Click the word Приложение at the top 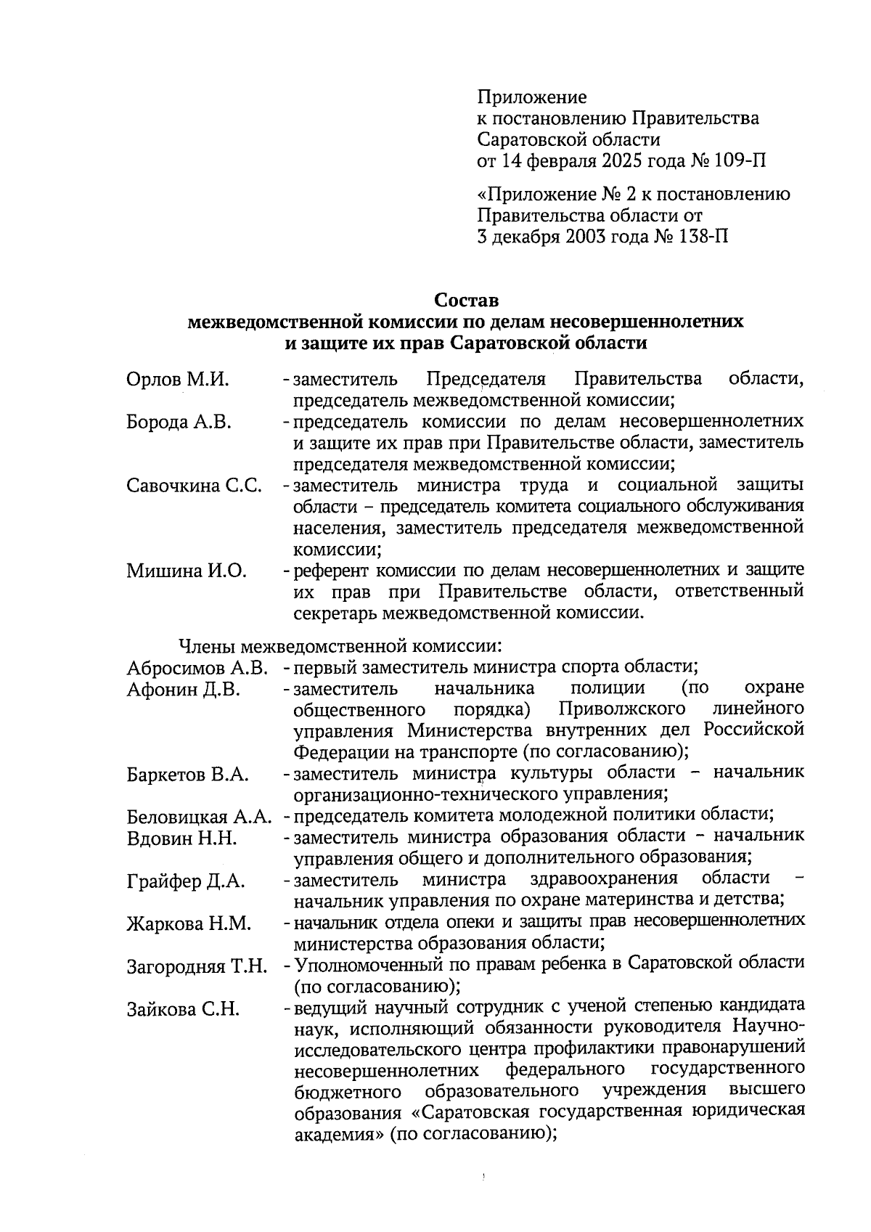point(532,97)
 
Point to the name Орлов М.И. point(177,380)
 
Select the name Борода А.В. point(179,423)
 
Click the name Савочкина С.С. point(194,486)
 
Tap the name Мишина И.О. point(187,571)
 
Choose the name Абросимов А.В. point(197,667)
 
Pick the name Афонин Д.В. point(183,690)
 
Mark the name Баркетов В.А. point(188,775)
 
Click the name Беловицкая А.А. point(199,817)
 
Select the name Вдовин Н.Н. point(181,839)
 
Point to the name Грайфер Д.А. point(186,882)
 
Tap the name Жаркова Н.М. point(189,924)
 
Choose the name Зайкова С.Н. point(183,1009)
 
